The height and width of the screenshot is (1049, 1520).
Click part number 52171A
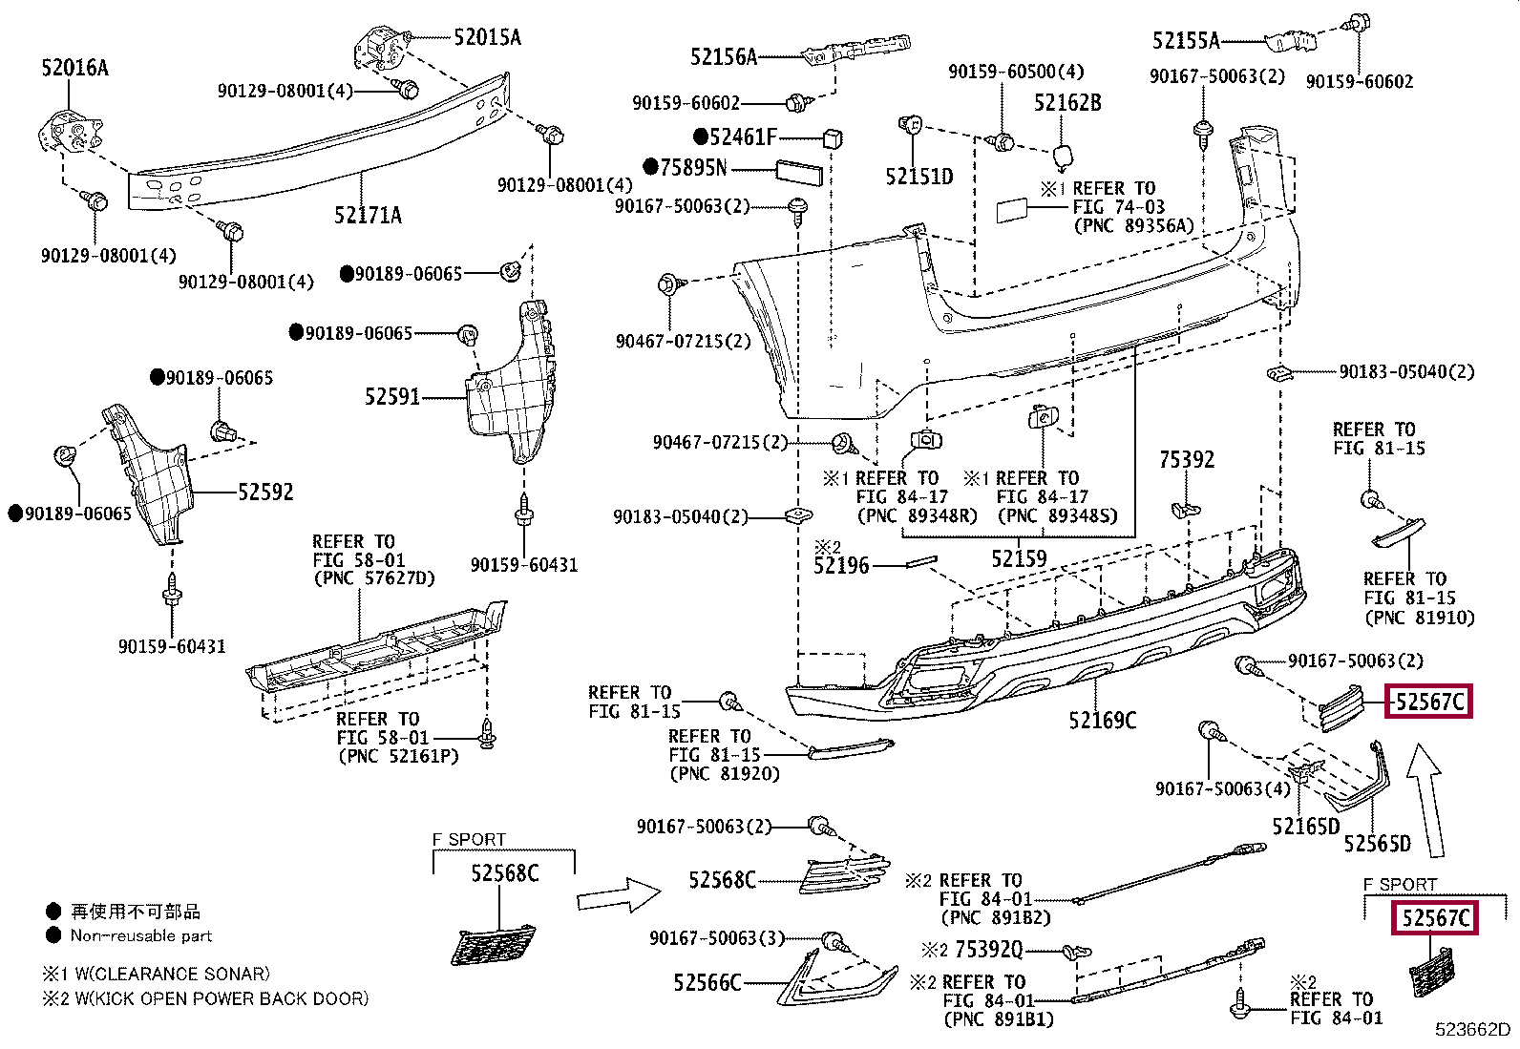[x=368, y=216]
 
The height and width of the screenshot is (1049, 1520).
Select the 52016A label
[x=74, y=68]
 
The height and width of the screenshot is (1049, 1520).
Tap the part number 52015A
[x=487, y=37]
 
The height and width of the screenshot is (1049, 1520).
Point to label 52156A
[x=723, y=57]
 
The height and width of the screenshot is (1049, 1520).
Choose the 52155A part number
[x=1185, y=40]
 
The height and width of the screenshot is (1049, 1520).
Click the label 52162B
[x=1067, y=102]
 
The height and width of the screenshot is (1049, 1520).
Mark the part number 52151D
[x=918, y=177]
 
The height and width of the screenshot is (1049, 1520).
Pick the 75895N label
[x=693, y=168]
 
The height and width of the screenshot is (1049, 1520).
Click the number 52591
[x=392, y=396]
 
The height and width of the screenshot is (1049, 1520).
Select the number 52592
[x=265, y=493]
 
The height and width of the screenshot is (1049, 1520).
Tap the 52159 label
[x=1019, y=559]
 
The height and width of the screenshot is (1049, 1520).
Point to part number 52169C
[x=1102, y=721]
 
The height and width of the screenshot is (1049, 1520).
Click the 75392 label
[x=1187, y=460]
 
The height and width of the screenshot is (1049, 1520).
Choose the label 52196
[x=841, y=566]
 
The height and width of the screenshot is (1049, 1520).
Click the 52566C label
[x=707, y=983]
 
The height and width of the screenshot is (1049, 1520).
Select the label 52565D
[x=1377, y=844]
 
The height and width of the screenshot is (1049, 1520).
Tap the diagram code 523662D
[x=1472, y=1030]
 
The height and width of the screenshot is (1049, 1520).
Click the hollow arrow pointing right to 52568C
[x=619, y=895]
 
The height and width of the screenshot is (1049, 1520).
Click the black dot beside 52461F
[x=701, y=136]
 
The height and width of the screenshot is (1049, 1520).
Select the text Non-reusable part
[x=141, y=936]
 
